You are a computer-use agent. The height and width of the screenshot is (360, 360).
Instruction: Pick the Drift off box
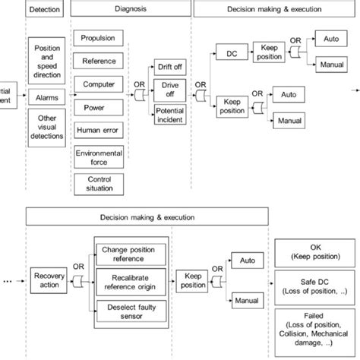(169, 66)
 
